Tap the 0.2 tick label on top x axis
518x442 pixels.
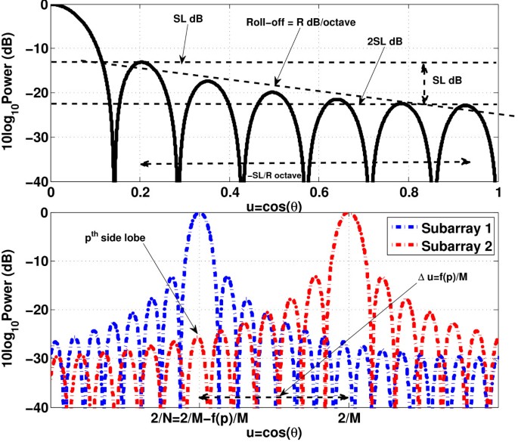[x=140, y=194]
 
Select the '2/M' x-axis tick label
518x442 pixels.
[x=347, y=416]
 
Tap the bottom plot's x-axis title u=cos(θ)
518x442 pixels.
[x=273, y=432]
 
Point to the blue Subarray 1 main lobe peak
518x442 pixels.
[x=200, y=214]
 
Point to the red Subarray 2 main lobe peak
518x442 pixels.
[x=347, y=214]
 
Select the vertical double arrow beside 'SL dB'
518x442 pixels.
[x=425, y=83]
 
